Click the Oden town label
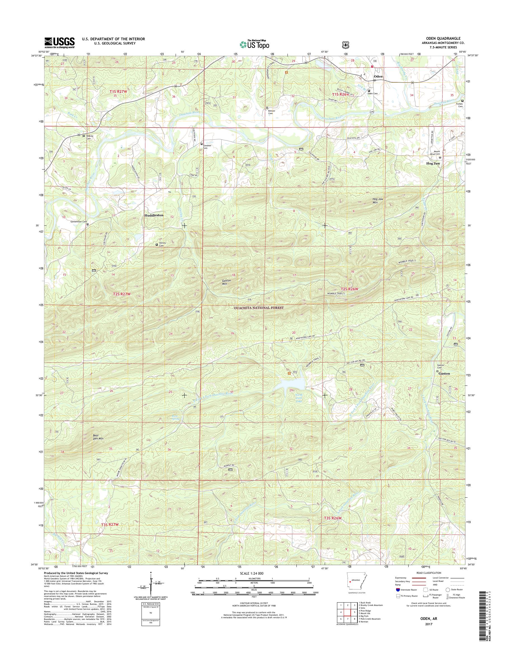click(x=378, y=76)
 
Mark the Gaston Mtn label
click(x=227, y=282)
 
